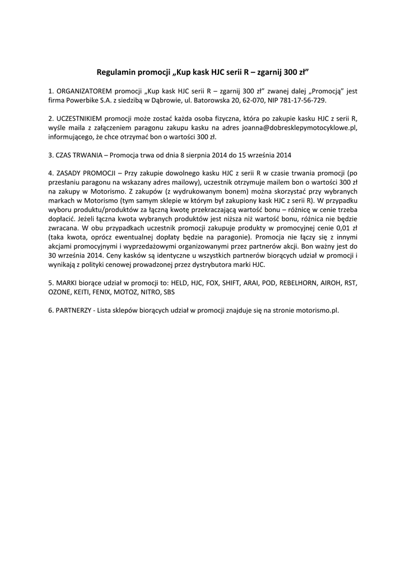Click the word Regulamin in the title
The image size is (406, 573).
point(116,72)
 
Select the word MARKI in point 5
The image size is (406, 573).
point(67,283)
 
